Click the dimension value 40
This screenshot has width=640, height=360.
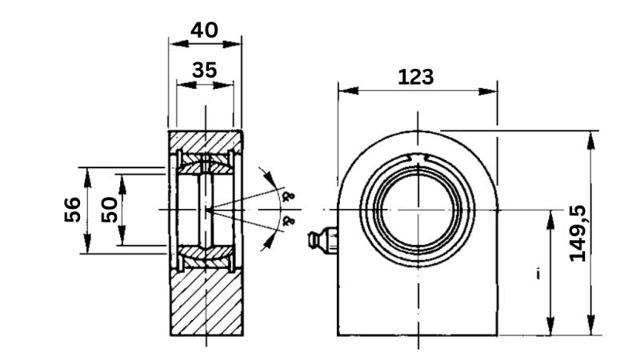[x=204, y=30]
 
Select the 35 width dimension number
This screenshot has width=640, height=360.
[x=204, y=70]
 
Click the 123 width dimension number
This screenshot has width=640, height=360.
[x=416, y=77]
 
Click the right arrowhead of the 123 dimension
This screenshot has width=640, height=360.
[x=490, y=91]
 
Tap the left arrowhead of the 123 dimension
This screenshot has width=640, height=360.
[x=346, y=91]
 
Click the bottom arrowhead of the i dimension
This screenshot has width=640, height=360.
[x=550, y=328]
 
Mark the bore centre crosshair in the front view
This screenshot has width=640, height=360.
[x=417, y=210]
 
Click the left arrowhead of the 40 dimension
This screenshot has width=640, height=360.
[x=174, y=44]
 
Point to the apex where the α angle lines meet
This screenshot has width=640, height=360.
[x=207, y=210]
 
